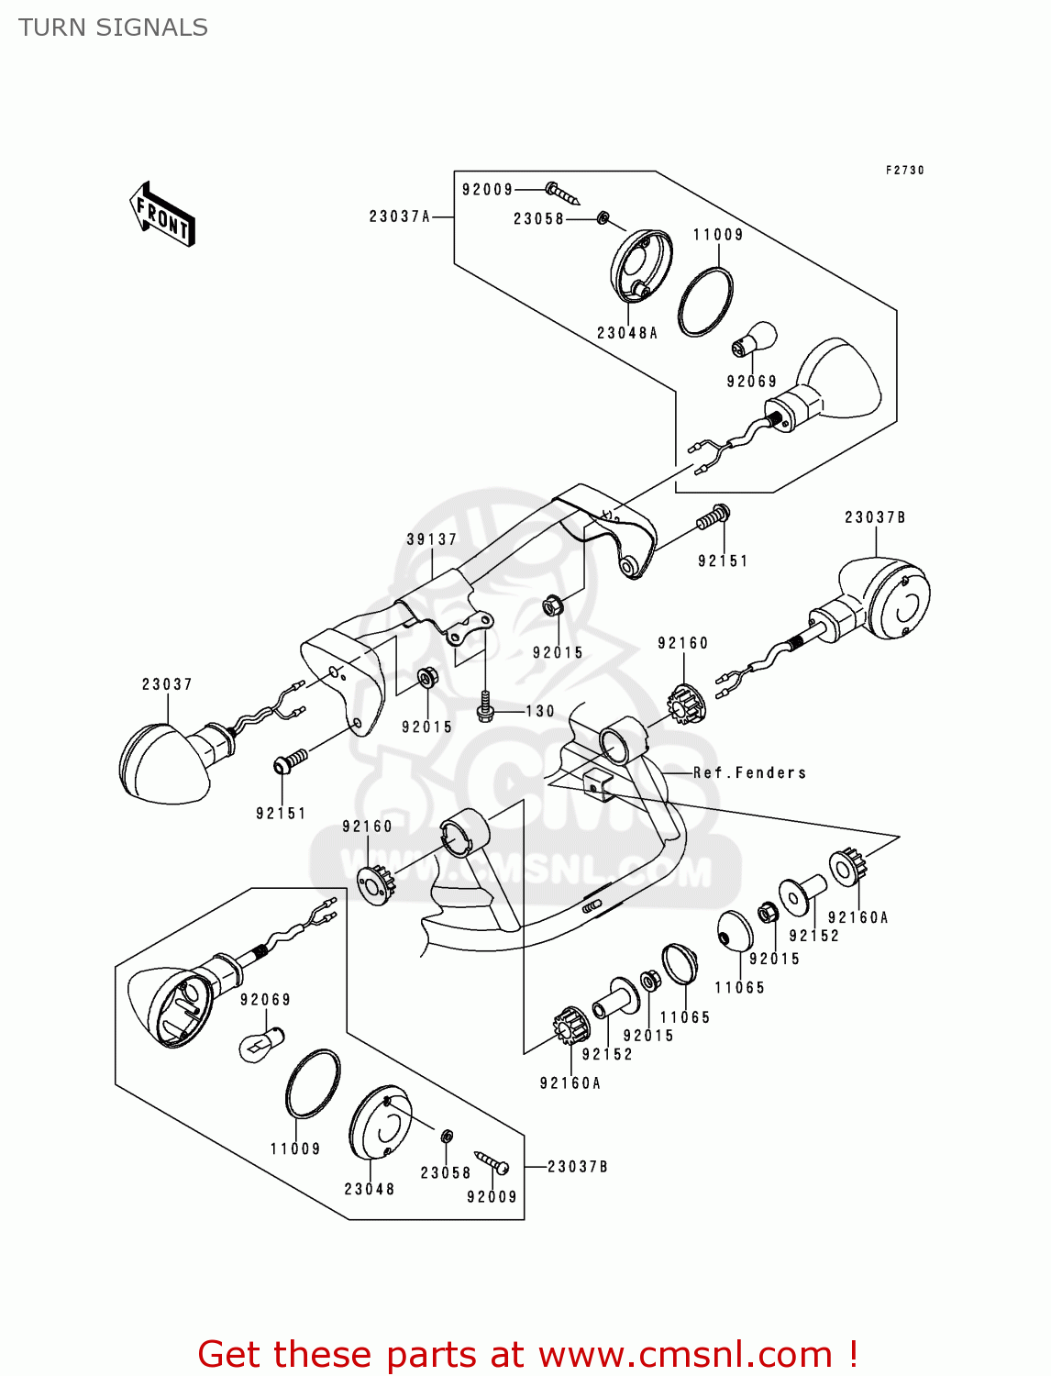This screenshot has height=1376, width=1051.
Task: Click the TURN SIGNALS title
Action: pos(113,28)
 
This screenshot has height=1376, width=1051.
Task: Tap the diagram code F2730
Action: pos(904,171)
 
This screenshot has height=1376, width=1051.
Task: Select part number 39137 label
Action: pos(431,539)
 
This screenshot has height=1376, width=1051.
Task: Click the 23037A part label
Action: pos(399,216)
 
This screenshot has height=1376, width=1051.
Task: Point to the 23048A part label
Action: pos(627,333)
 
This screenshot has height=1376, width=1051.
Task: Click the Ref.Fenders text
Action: pos(749,772)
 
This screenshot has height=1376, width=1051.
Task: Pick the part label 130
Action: pos(540,711)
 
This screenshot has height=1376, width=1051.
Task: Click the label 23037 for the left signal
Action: pos(167,684)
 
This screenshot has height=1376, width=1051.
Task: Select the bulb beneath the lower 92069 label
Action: pos(260,1044)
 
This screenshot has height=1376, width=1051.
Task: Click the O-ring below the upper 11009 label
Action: pos(705,302)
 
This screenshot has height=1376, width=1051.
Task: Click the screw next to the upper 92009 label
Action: pos(562,194)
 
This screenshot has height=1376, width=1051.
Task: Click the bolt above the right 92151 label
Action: pos(712,518)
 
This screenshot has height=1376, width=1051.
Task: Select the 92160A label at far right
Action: pos(857,917)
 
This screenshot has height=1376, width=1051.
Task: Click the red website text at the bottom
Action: pos(527,1354)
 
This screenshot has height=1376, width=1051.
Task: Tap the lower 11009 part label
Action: pos(294,1149)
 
